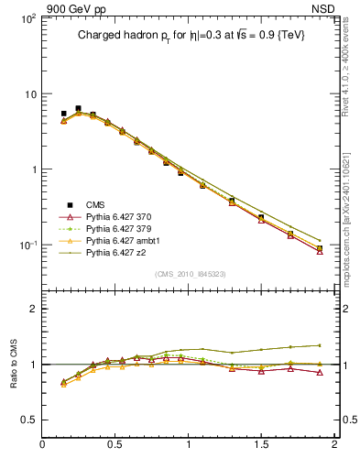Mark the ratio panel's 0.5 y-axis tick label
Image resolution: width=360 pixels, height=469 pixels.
point(27,419)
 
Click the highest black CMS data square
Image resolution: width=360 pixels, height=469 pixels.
point(78,108)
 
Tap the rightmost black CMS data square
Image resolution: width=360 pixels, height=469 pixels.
point(320,248)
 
